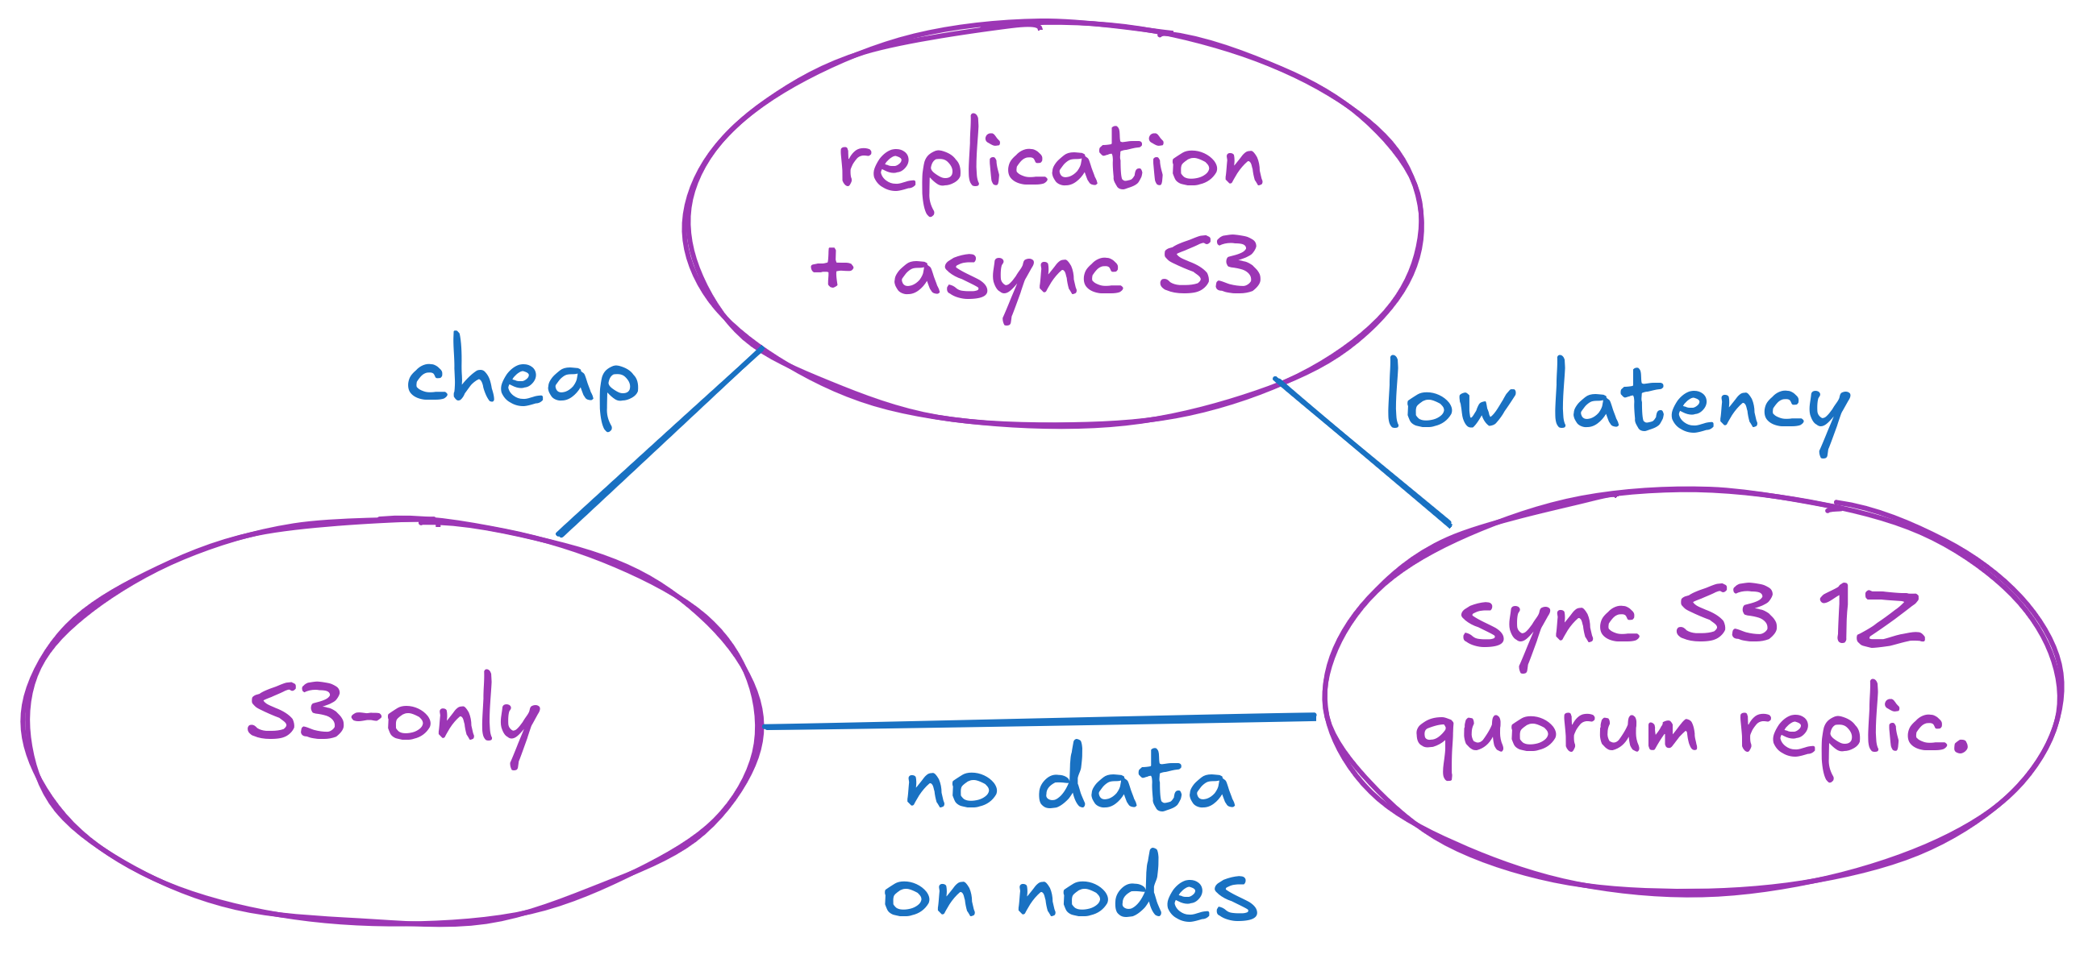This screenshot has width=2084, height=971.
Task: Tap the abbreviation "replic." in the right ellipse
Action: [x=1853, y=731]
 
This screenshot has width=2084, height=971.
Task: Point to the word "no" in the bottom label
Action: [x=952, y=787]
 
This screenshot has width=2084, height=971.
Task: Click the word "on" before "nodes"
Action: [x=929, y=896]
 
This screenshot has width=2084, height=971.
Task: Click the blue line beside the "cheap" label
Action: [x=660, y=442]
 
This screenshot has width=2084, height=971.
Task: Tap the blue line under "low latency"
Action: [x=1363, y=451]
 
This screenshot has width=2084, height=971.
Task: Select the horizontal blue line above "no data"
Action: [x=1040, y=721]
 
